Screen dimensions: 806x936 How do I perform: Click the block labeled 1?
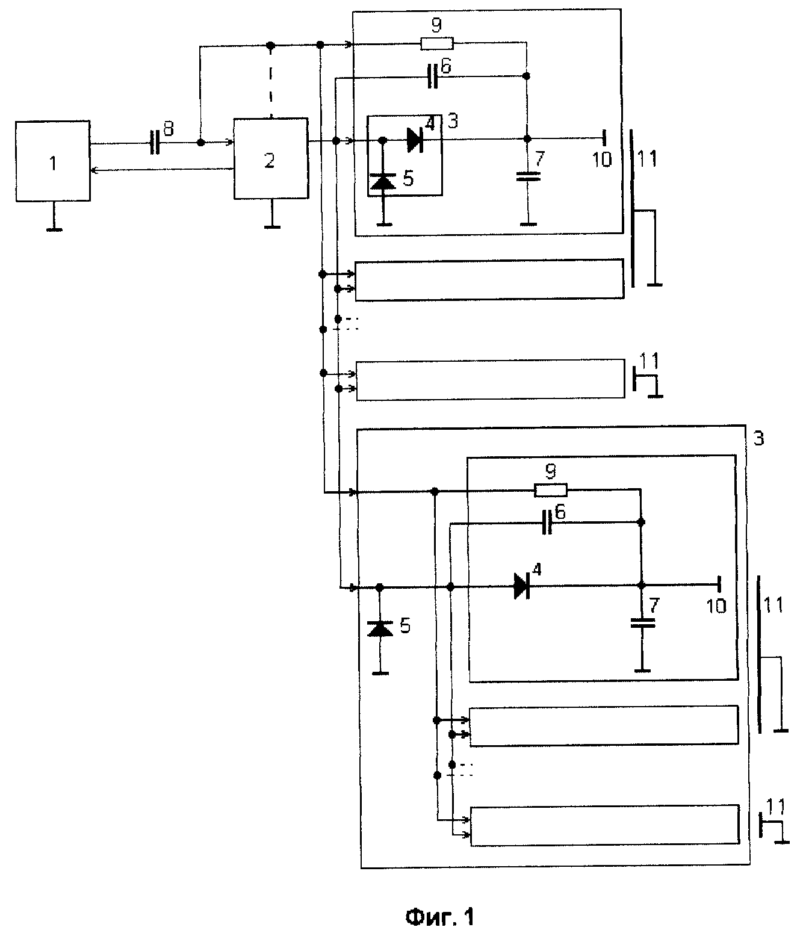tap(53, 161)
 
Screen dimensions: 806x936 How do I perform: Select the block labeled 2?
tap(271, 158)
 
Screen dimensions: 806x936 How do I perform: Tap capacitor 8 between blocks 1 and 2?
tap(155, 143)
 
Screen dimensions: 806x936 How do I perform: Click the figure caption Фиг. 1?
tap(439, 917)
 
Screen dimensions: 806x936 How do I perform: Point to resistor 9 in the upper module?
tap(436, 43)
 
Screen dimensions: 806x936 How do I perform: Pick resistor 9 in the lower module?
tap(550, 490)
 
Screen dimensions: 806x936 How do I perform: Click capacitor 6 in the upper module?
tap(433, 76)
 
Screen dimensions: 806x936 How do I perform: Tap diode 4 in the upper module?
tap(415, 140)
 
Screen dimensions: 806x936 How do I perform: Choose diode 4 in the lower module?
tap(522, 586)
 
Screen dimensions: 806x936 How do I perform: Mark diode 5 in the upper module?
tap(383, 182)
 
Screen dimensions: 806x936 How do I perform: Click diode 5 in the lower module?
tap(380, 629)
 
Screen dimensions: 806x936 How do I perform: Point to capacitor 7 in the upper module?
tap(528, 176)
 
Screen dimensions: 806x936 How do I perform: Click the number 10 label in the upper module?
tap(602, 160)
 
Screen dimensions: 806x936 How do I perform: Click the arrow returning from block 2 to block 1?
tap(162, 170)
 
